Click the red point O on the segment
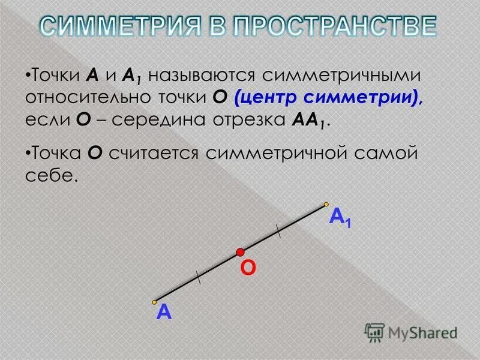pyautogui.click(x=240, y=251)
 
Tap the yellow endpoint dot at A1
pyautogui.click(x=326, y=204)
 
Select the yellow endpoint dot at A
pyautogui.click(x=154, y=301)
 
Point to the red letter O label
pyautogui.click(x=247, y=269)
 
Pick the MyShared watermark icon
pyautogui.click(x=375, y=332)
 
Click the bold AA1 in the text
pyautogui.click(x=309, y=120)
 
